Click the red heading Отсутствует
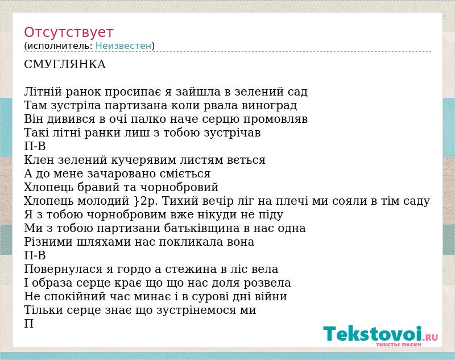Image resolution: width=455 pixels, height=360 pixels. pos(68,32)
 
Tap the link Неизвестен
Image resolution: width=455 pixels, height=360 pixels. pos(123,46)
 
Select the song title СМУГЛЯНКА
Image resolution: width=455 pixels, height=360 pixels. pos(65,64)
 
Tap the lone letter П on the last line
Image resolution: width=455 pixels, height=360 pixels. pos(29,324)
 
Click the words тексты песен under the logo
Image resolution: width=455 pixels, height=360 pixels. pos(399,344)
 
